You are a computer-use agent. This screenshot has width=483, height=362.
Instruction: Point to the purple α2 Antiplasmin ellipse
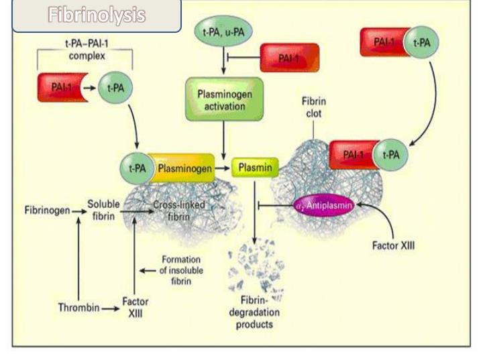click(x=324, y=203)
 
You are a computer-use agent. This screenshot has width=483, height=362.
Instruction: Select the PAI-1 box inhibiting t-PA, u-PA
click(x=288, y=58)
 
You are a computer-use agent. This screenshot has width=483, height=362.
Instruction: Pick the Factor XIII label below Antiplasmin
click(x=393, y=245)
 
